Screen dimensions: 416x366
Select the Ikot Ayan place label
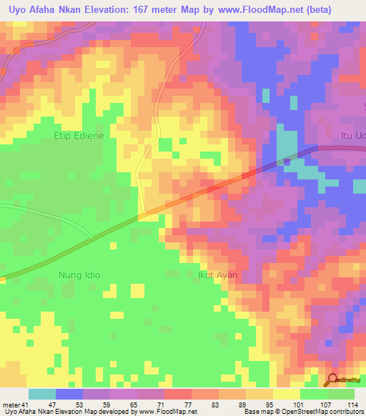pos(217,274)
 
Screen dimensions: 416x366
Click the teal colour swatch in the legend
pos(42,394)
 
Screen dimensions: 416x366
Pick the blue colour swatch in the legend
pos(69,394)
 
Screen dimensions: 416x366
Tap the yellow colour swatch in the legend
pos(287,394)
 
